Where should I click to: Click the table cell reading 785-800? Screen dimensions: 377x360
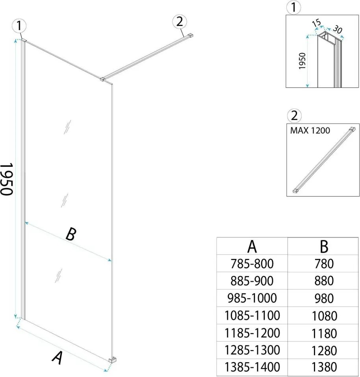coord(252,263)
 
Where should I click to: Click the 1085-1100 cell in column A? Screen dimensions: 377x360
coord(252,315)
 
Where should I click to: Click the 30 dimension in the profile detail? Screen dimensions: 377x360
coord(337,30)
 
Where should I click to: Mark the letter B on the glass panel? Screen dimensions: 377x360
coord(70,235)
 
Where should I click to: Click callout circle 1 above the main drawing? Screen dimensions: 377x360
coord(19,26)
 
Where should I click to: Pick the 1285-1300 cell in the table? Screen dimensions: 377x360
coord(252,350)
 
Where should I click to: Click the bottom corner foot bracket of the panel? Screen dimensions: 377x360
coord(113,360)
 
